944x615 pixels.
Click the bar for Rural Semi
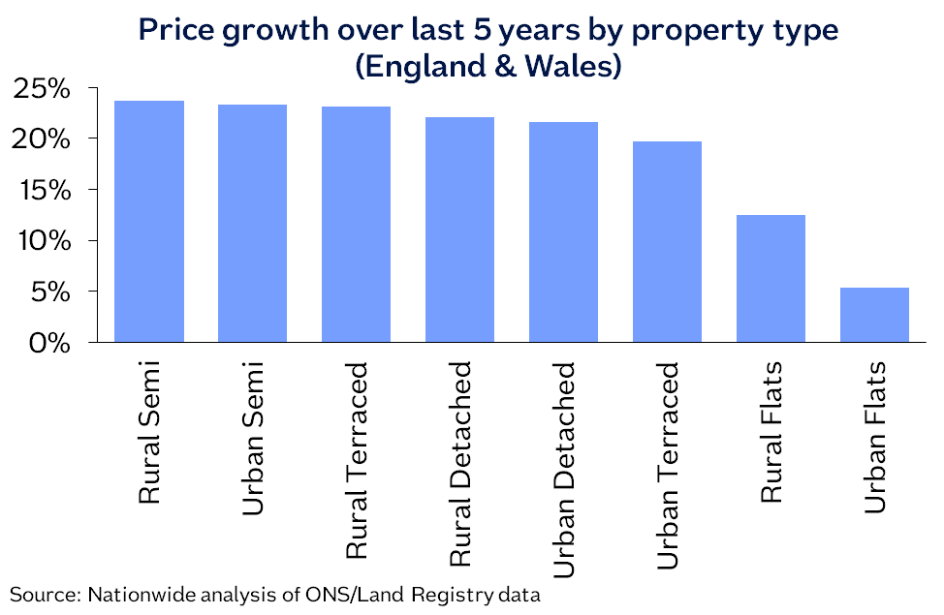coord(149,222)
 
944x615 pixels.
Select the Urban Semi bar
coord(253,224)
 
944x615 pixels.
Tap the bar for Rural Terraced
coord(357,225)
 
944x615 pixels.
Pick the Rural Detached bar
coord(460,230)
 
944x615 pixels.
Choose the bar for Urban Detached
coord(563,232)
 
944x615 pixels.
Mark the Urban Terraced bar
coord(667,242)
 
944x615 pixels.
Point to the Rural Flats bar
coord(771,279)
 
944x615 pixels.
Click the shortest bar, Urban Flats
coord(874,315)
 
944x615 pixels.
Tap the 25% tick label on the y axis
coord(44,89)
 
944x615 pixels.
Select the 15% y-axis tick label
coord(44,191)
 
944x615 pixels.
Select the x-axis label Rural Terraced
coord(357,460)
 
